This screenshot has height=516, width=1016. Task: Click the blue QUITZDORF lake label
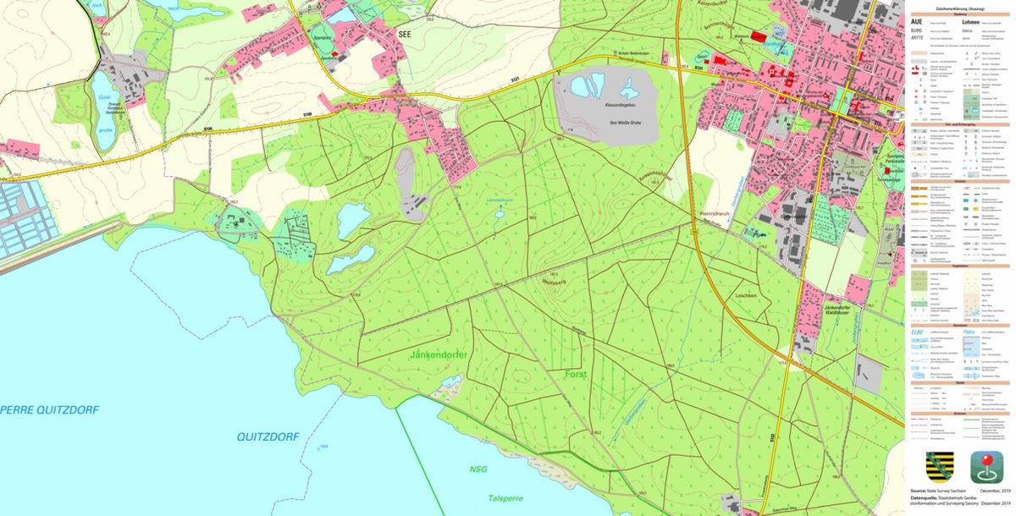pyautogui.click(x=268, y=436)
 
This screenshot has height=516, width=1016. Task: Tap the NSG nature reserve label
pyautogui.click(x=478, y=469)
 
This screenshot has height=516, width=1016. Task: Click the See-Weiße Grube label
pyautogui.click(x=625, y=123)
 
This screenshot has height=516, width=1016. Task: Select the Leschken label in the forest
pyautogui.click(x=745, y=295)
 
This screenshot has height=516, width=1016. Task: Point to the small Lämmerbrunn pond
pyautogui.click(x=500, y=214)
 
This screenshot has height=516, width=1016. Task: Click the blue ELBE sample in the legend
pyautogui.click(x=917, y=332)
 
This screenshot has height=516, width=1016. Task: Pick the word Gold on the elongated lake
pyautogui.click(x=104, y=98)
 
